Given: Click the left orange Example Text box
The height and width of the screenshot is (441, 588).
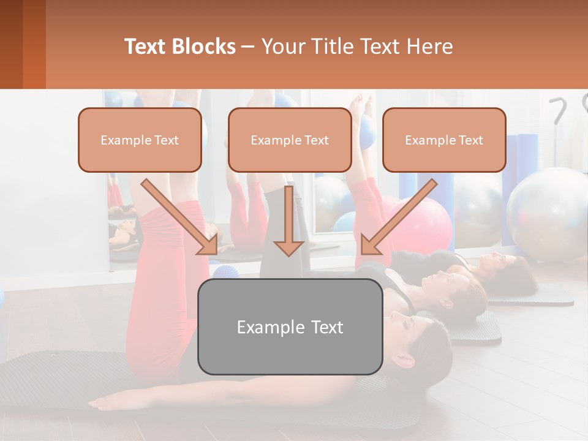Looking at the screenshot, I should point(140,140).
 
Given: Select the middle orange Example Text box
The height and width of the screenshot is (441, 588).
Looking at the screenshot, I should point(290,140).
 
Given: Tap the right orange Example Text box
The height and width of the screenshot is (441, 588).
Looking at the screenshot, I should point(444,140).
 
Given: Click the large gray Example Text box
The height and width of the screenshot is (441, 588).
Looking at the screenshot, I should point(290,326).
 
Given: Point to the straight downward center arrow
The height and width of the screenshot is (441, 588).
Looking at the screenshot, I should point(288,221).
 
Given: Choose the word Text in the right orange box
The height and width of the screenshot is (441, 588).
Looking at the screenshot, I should point(470,140).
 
